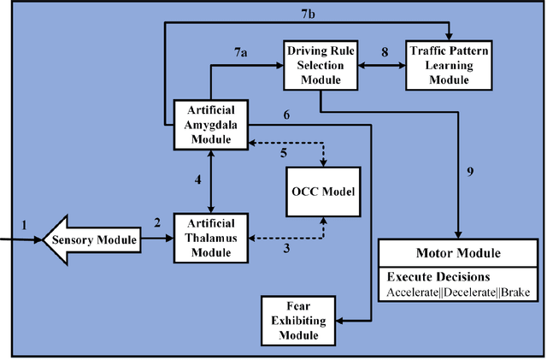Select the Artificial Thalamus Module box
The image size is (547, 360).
pyautogui.click(x=211, y=236)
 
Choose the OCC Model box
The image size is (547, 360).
pyautogui.click(x=323, y=189)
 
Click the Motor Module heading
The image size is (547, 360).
pyautogui.click(x=457, y=254)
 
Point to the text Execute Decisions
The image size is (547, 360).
pyautogui.click(x=438, y=277)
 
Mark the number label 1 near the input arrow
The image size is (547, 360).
pyautogui.click(x=24, y=225)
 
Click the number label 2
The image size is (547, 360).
pyautogui.click(x=156, y=224)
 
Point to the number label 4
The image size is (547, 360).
pyautogui.click(x=197, y=180)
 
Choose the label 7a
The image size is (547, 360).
pyautogui.click(x=242, y=53)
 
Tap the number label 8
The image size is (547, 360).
pyautogui.click(x=384, y=52)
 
